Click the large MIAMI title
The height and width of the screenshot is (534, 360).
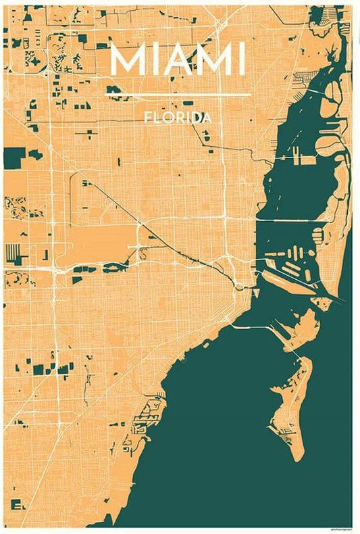click(178, 59)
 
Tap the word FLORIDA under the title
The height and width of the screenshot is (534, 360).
click(178, 118)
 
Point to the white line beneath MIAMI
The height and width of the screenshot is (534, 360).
click(178, 95)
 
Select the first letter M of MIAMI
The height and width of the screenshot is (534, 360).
click(128, 59)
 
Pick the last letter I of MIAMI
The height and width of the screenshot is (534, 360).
click(241, 59)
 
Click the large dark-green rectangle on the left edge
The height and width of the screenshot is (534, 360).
click(14, 156)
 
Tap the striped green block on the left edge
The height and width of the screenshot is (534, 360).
click(13, 255)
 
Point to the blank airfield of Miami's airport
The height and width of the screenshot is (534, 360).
click(101, 240)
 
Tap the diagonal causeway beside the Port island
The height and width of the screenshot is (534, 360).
click(297, 285)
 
